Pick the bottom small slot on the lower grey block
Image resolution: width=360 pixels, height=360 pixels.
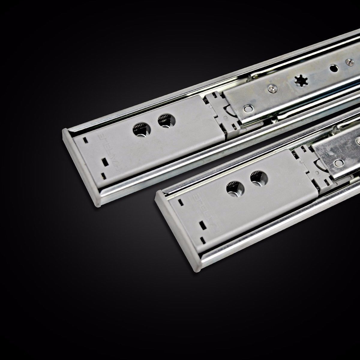pyautogui.click(x=204, y=239)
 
